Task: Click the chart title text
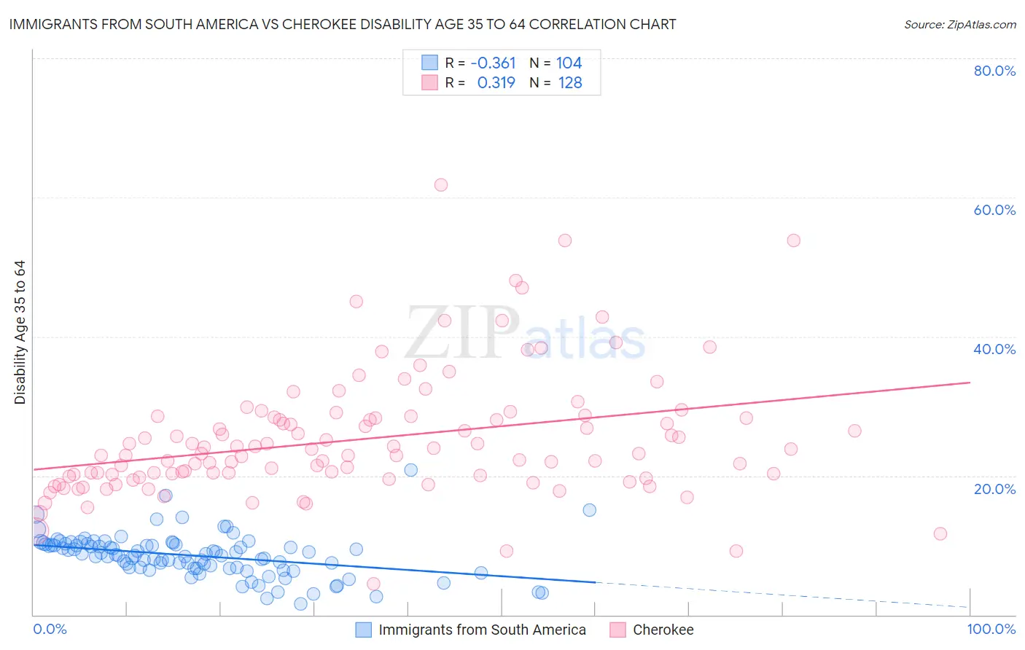tap(343, 24)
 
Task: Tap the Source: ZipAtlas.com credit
tap(959, 24)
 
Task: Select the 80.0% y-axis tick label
tap(994, 71)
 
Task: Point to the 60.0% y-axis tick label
tap(994, 210)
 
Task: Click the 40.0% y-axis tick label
tap(994, 349)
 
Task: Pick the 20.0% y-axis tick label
tap(994, 489)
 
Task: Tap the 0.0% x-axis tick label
tap(50, 629)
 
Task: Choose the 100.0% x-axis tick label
tap(991, 629)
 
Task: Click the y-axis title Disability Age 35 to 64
tap(20, 332)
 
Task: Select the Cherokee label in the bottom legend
tap(663, 630)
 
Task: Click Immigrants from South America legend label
tap(482, 630)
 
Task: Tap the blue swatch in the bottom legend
tap(363, 630)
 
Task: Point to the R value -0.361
tap(493, 63)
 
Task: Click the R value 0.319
tap(496, 82)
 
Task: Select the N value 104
tap(569, 63)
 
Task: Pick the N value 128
tap(570, 82)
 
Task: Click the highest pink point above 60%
tap(440, 185)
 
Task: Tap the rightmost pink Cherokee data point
tap(940, 533)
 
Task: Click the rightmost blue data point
tap(589, 510)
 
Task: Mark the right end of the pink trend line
tap(970, 382)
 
